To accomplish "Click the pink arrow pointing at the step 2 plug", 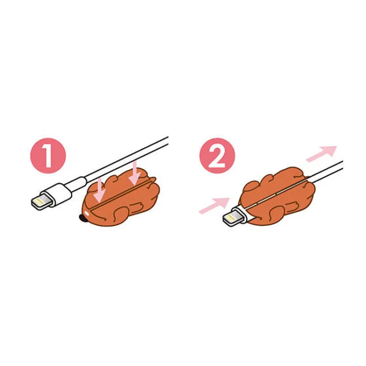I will pos(214,204).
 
